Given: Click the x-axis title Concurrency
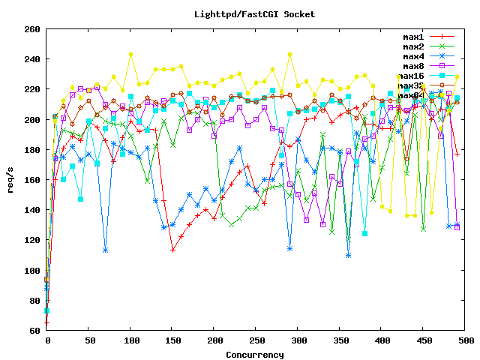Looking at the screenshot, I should coord(255,354).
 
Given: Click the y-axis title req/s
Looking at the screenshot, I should coord(10,180).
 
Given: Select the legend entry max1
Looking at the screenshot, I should coord(415,37).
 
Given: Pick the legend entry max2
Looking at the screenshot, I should coord(415,46).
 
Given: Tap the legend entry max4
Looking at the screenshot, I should coord(415,56).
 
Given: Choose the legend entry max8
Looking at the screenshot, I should coord(415,66).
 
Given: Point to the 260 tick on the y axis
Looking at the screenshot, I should coord(32,29).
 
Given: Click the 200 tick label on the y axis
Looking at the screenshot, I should coord(32,120).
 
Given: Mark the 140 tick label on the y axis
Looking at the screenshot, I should coord(32,210).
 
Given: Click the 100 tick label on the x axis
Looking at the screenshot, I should coord(130,341).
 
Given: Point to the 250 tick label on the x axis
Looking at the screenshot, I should coord(256,341).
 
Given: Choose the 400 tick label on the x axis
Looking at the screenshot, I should coord(382,341).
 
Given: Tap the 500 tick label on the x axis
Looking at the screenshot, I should coord(465,341).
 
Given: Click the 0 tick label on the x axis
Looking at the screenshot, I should coord(47,341).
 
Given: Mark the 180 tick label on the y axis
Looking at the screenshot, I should coord(32,150).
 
